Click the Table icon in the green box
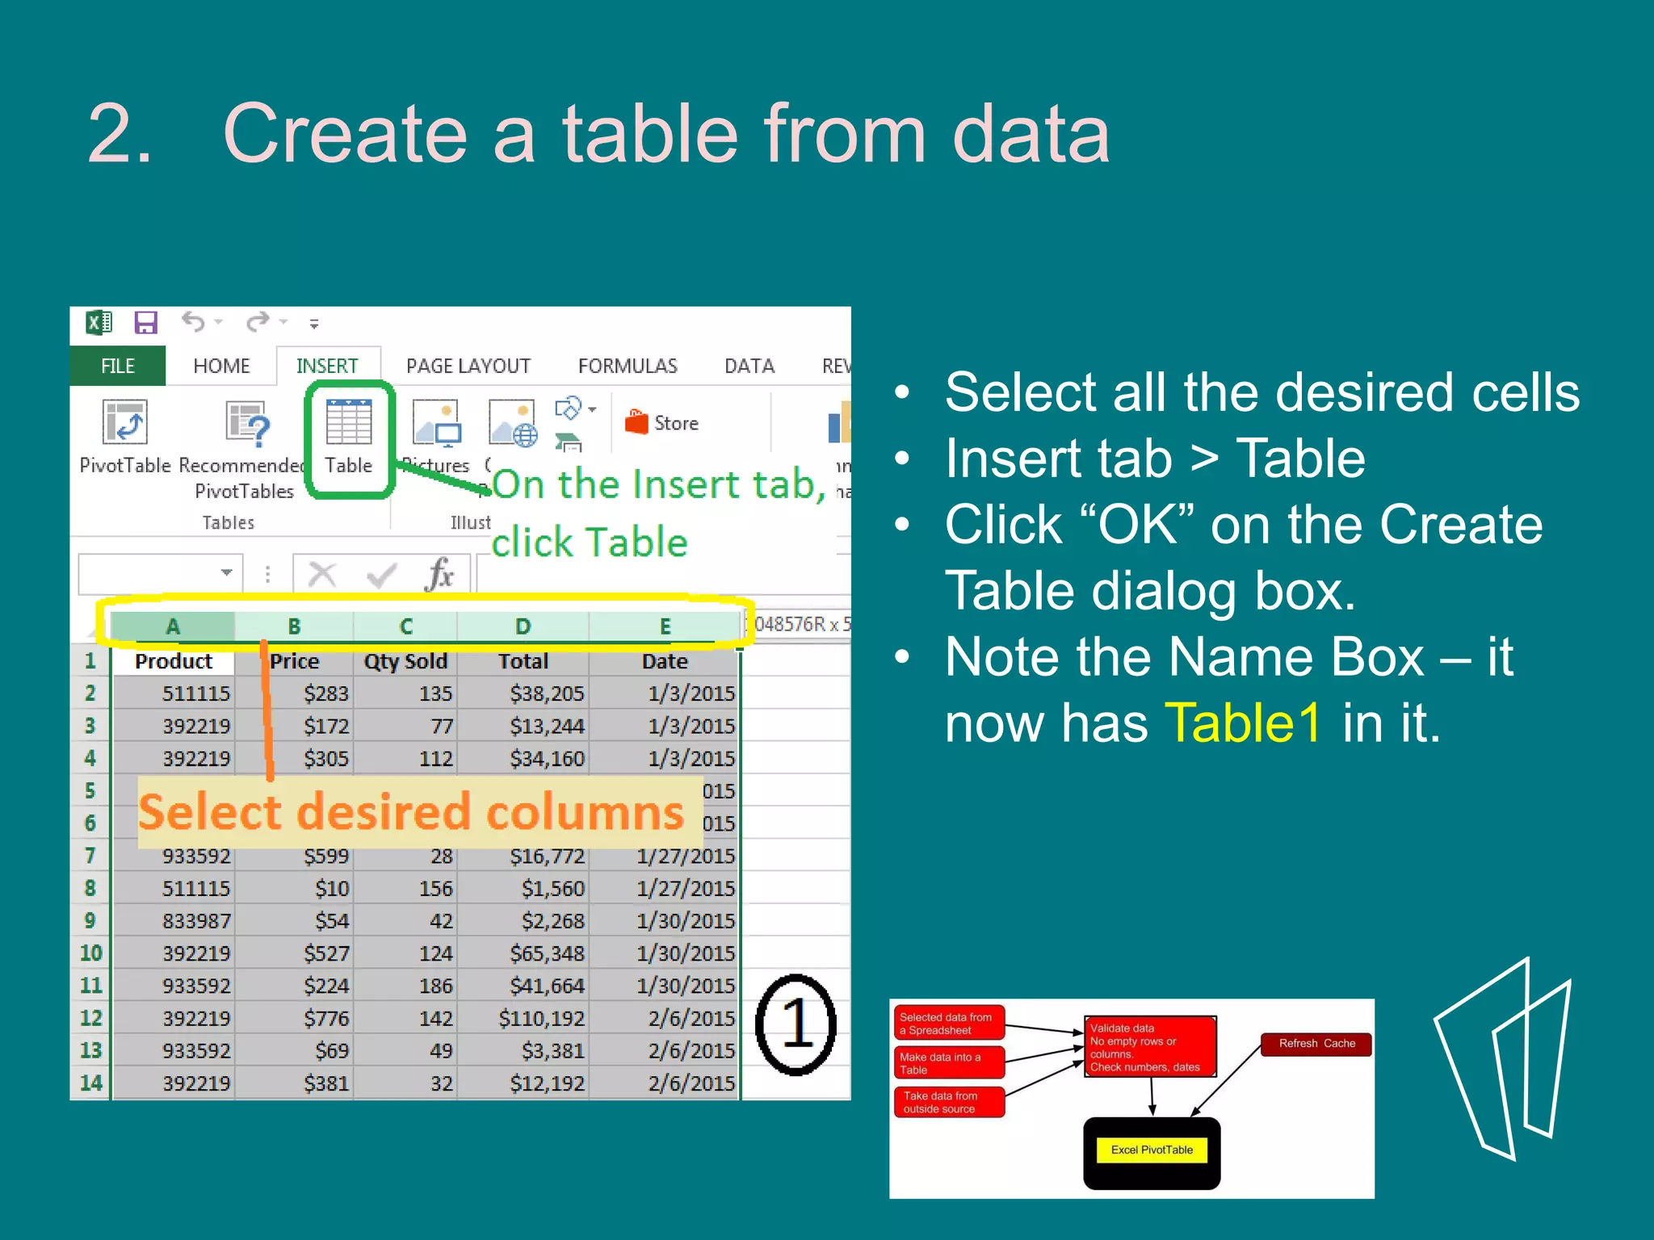pos(348,422)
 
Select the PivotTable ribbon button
pos(125,436)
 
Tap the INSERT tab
pos(327,366)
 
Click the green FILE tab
pos(118,366)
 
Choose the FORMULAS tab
pos(628,366)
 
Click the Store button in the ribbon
pos(662,422)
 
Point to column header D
pos(523,626)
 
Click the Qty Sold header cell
pos(405,661)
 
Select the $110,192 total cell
pos(541,1018)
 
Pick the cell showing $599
pos(326,856)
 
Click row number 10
pos(90,953)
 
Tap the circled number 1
pos(796,1024)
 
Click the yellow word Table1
pos(1242,722)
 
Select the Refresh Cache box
pos(1316,1044)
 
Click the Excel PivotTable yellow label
pos(1152,1150)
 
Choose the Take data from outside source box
pos(949,1102)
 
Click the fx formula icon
pos(439,575)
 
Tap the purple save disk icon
pos(146,323)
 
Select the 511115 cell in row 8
pos(195,889)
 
